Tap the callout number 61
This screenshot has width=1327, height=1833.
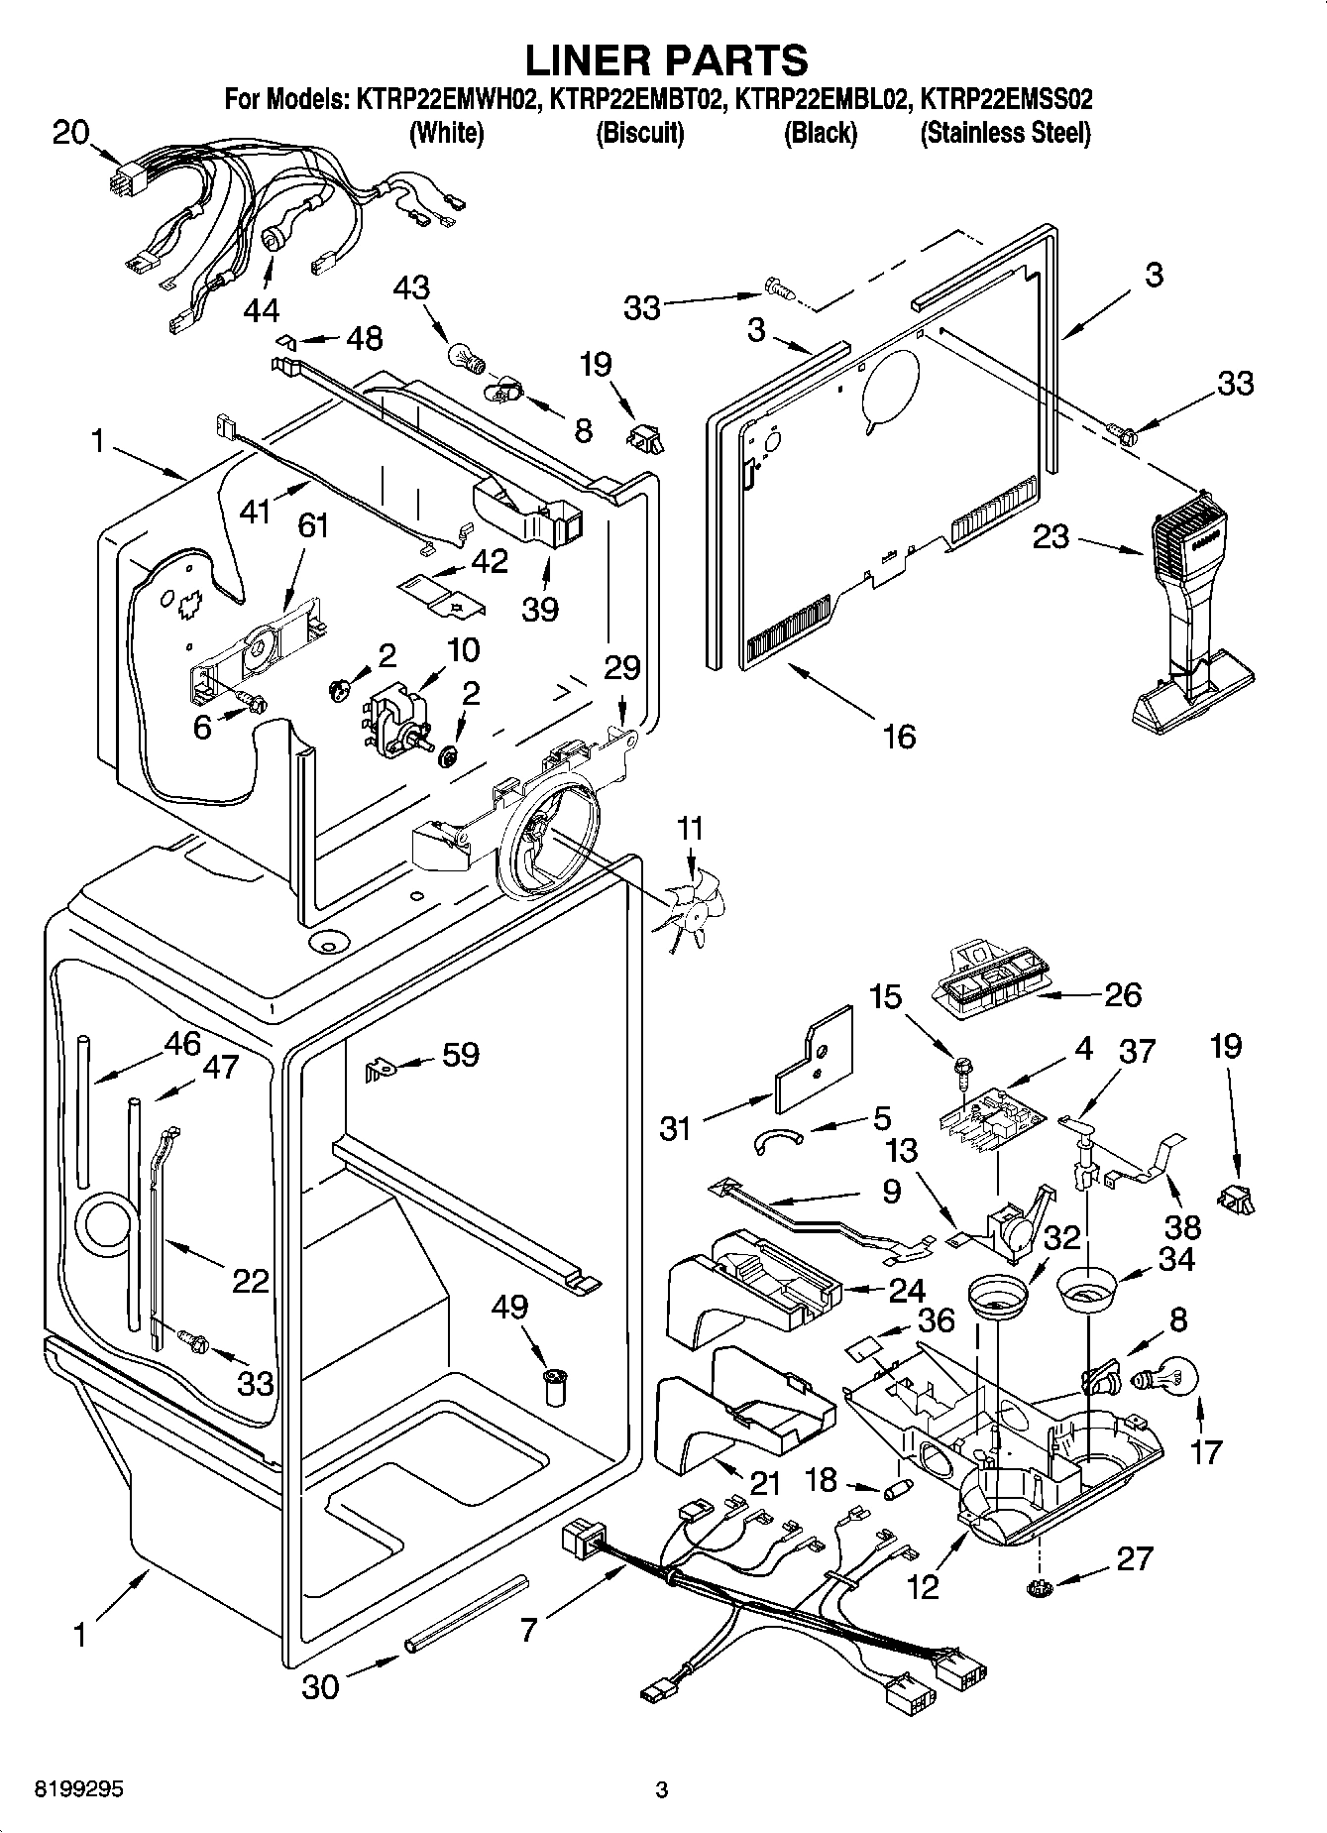313,525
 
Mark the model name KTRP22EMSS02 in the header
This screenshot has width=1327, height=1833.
1005,99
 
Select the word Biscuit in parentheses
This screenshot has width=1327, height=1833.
639,133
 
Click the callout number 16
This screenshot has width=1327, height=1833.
898,736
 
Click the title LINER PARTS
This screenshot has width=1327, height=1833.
665,59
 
